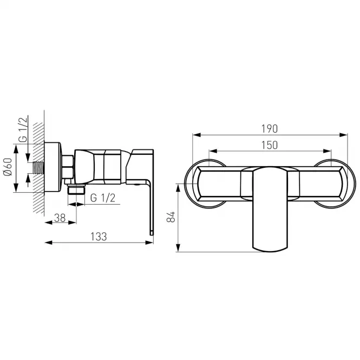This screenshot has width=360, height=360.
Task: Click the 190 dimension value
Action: click(270, 129)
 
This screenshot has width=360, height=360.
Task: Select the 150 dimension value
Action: click(270, 145)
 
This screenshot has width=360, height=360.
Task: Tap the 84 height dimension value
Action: click(171, 217)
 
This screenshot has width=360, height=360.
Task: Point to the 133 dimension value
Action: click(99, 237)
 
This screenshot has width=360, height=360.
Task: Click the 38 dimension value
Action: click(60, 218)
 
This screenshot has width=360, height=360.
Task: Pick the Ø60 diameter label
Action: click(8, 167)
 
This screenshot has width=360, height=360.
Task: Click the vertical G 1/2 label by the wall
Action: click(23, 129)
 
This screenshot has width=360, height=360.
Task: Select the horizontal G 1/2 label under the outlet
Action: click(103, 198)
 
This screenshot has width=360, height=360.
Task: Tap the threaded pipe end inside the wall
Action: click(38, 168)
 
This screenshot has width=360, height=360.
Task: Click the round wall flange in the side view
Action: click(53, 167)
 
